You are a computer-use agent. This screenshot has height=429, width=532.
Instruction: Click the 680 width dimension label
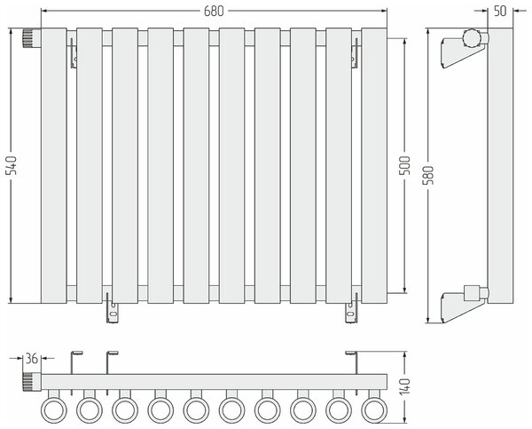pyautogui.click(x=214, y=12)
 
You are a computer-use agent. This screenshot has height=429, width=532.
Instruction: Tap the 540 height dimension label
pyautogui.click(x=12, y=165)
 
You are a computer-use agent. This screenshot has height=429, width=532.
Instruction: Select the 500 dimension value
pyautogui.click(x=404, y=165)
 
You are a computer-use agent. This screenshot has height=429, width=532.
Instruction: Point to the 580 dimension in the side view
pyautogui.click(x=428, y=175)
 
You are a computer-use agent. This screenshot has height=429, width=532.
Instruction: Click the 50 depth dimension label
pyautogui.click(x=500, y=12)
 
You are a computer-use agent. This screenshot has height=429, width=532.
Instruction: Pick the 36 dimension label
pyautogui.click(x=32, y=358)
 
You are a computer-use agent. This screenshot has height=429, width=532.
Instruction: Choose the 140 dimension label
pyautogui.click(x=404, y=386)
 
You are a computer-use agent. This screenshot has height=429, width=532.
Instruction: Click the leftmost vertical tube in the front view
pyautogui.click(x=54, y=165)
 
